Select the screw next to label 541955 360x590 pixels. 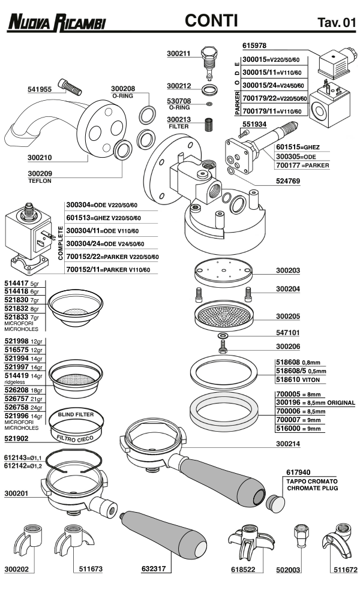70,87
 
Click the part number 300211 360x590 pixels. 179,53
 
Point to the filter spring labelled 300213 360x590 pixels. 209,125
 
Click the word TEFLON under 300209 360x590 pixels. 40,180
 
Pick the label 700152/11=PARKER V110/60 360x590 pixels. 107,270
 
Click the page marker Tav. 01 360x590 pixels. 336,23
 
